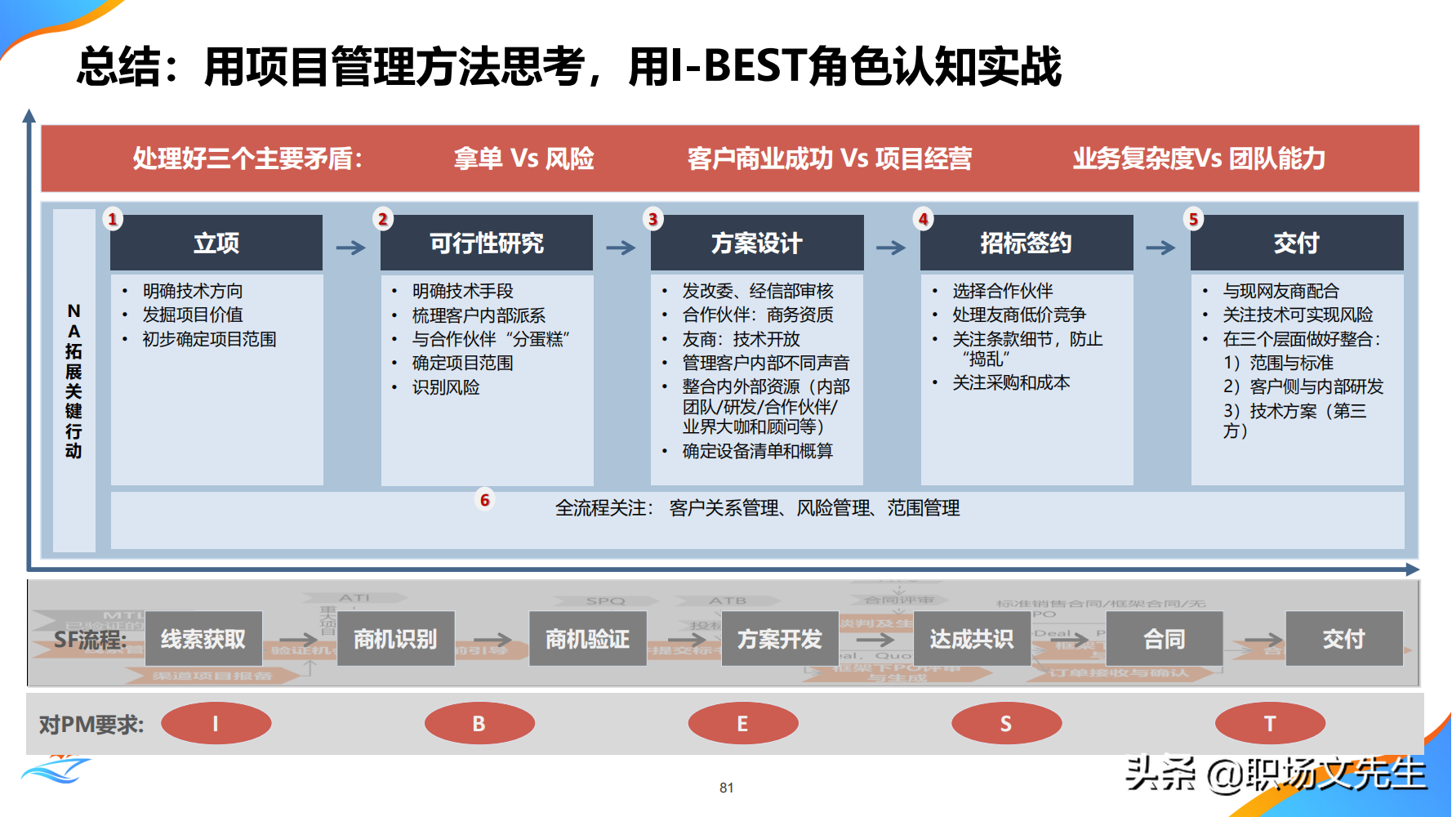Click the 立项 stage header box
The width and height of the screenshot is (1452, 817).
tap(216, 243)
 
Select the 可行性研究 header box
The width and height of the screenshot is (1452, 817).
tap(487, 243)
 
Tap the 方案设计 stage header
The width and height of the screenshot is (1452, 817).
tap(756, 243)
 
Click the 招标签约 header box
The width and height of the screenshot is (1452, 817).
tap(1026, 243)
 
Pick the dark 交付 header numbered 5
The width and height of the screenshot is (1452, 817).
tap(1296, 243)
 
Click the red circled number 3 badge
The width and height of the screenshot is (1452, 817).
tap(653, 219)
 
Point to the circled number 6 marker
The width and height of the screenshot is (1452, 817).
tap(485, 499)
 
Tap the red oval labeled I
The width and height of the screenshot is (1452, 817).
tap(216, 723)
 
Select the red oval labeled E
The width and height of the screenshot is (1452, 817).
tap(742, 723)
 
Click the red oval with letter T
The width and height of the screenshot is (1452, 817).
tap(1269, 723)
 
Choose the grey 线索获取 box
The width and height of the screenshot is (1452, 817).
tap(203, 639)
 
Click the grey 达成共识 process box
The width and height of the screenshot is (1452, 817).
tap(971, 639)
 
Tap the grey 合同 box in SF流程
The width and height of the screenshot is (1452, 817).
tap(1164, 639)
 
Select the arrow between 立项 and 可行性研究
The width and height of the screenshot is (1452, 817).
tap(351, 248)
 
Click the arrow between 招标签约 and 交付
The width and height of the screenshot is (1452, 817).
tap(1160, 248)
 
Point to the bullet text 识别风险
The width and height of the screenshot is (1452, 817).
tap(446, 387)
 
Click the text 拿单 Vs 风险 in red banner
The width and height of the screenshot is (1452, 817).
tap(523, 158)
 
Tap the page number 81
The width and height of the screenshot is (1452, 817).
tap(726, 788)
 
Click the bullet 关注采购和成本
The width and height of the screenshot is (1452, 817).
tap(1010, 382)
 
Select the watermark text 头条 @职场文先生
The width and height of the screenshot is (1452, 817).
tap(1275, 774)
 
